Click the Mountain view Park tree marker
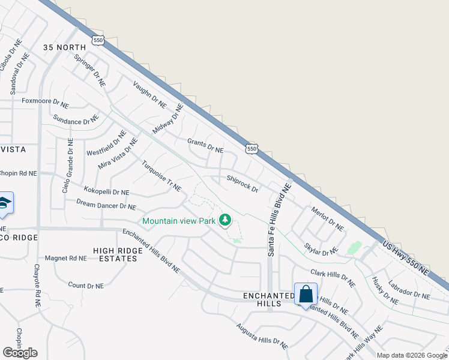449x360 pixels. click(225, 221)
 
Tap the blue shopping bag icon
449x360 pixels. click(306, 295)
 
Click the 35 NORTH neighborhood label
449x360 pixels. click(65, 47)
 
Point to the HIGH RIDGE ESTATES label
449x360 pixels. click(115, 254)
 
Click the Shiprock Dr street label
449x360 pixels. click(243, 184)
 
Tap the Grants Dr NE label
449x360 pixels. click(205, 145)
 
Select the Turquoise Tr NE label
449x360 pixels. click(161, 176)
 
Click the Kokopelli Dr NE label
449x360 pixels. click(106, 192)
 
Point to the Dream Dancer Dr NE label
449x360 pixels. click(106, 205)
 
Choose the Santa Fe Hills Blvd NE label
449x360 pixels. click(279, 220)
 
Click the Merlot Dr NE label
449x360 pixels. click(327, 219)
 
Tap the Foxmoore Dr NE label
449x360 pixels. click(46, 103)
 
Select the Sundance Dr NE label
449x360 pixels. click(75, 119)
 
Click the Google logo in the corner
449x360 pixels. click(20, 353)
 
